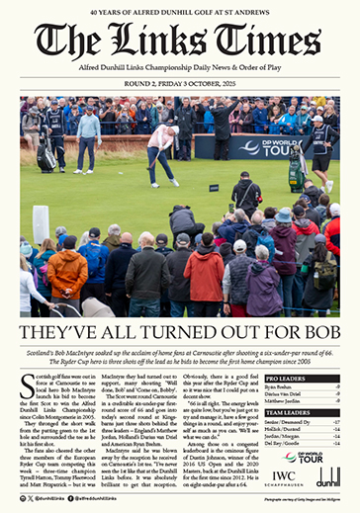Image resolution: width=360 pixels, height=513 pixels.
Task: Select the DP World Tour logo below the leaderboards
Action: tap(302, 457)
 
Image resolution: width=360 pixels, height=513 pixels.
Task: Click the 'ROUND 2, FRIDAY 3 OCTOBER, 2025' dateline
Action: tap(180, 86)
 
